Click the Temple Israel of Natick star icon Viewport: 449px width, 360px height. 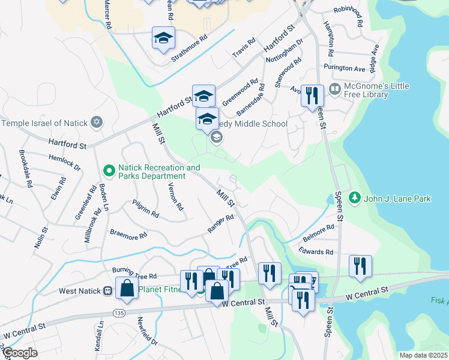point(96,123)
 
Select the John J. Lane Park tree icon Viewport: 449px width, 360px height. point(354,198)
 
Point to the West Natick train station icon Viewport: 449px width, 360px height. point(108,290)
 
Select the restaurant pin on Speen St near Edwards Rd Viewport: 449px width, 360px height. point(360,267)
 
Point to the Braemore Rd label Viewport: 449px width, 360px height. point(128,234)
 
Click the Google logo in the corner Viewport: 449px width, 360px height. point(19,353)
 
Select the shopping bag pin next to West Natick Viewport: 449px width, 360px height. point(128,289)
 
